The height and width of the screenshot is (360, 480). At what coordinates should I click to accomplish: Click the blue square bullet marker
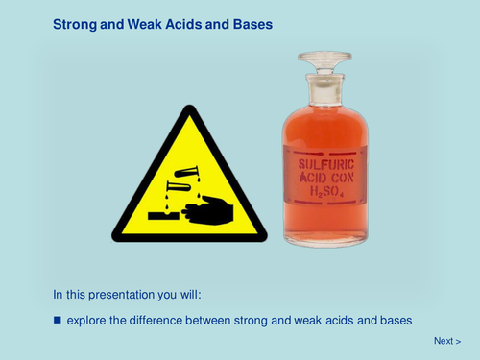57,317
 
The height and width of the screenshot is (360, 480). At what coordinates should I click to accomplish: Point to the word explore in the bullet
88,318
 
